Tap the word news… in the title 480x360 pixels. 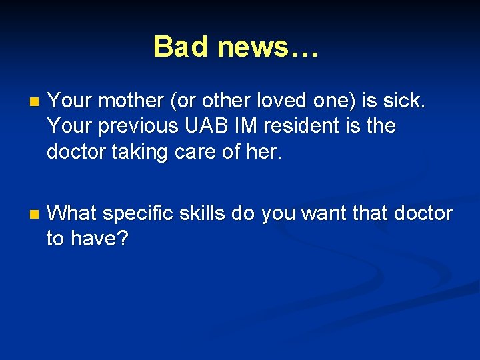(x=268, y=47)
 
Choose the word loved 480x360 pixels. (x=270, y=101)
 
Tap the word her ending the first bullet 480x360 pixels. (x=264, y=152)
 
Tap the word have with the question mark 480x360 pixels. (x=99, y=239)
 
